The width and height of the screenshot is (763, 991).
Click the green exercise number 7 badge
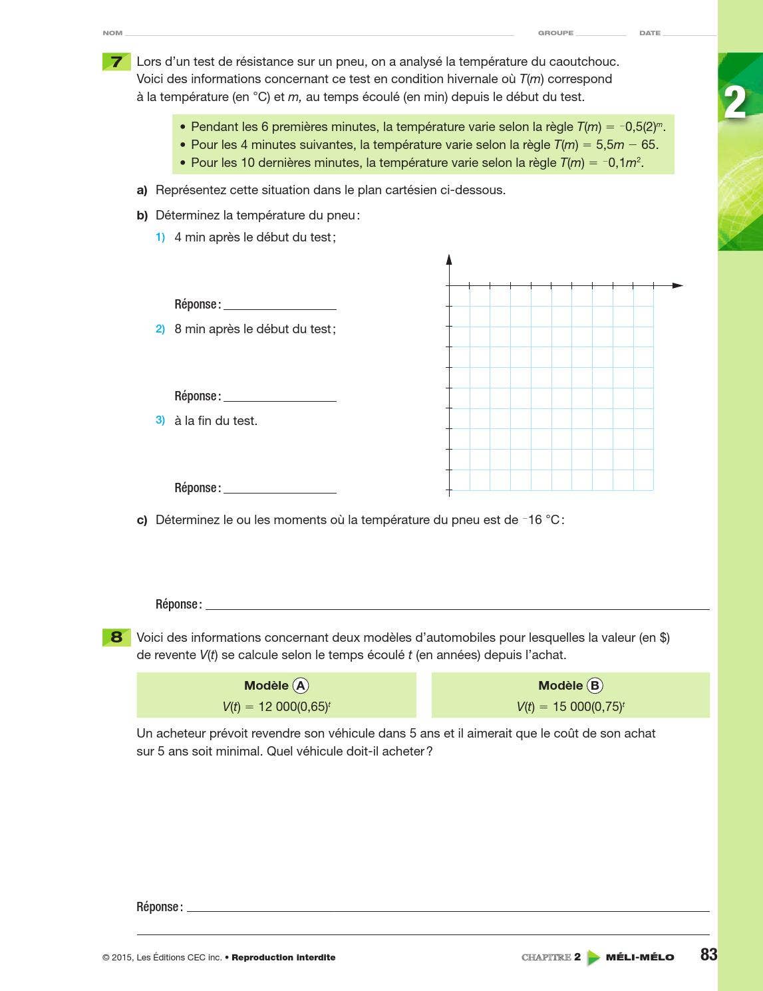116,62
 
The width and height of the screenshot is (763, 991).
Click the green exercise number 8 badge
116,637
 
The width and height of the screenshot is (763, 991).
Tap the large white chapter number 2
734,103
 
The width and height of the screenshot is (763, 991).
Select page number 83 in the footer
708,955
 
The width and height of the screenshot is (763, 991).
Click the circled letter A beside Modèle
301,686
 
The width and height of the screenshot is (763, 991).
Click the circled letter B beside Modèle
595,686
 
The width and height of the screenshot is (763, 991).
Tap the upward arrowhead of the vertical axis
449,259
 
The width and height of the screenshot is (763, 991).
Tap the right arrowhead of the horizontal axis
678,285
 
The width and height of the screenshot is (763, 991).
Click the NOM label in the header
112,33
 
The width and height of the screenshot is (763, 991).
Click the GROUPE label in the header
555,33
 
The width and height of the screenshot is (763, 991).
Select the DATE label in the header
649,33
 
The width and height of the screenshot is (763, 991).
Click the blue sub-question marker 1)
160,237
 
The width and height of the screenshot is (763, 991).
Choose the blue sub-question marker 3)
160,420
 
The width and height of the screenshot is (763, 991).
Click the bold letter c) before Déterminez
142,520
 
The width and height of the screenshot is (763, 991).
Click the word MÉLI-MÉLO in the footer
639,957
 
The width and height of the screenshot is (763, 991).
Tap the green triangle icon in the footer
593,958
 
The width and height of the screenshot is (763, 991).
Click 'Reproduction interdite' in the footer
283,958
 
